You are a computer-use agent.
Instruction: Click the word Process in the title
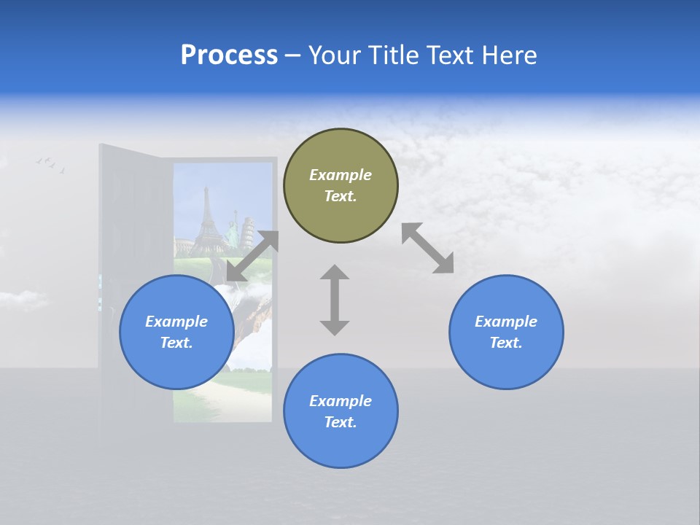tap(229, 55)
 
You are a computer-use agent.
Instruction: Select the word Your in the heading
tap(335, 55)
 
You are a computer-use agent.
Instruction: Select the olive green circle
tap(341, 186)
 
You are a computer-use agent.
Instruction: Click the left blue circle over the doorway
tap(176, 332)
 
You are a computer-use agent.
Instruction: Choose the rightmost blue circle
tap(506, 332)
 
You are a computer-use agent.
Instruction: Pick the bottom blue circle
tap(341, 411)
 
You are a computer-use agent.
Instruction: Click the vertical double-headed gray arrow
tap(335, 300)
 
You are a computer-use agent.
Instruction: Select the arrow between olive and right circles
tap(428, 248)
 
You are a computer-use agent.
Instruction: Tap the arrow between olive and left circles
tap(253, 255)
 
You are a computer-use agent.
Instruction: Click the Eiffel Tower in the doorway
tap(207, 215)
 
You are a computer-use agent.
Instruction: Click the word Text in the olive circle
tap(341, 197)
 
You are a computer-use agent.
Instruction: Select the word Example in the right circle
tap(506, 322)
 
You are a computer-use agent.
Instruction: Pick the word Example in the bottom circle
tap(341, 400)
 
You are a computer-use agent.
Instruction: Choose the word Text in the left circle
tap(176, 343)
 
